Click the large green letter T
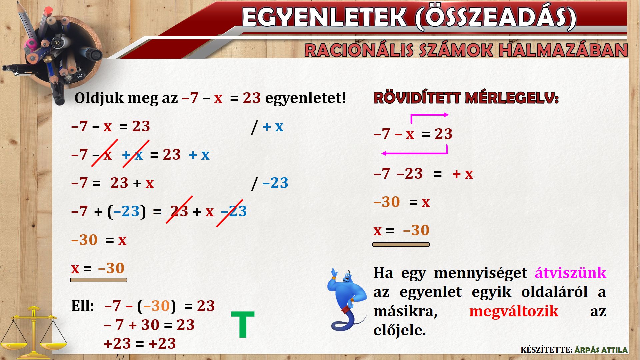(x=243, y=324)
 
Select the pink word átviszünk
(x=570, y=273)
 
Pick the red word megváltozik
(x=514, y=311)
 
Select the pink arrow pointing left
(x=415, y=153)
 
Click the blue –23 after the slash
(x=275, y=183)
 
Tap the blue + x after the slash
(x=273, y=127)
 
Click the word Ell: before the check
(x=83, y=306)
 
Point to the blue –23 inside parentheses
(x=126, y=211)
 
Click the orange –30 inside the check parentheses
(x=157, y=306)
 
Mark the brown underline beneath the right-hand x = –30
(x=401, y=245)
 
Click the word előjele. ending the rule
(x=400, y=330)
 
